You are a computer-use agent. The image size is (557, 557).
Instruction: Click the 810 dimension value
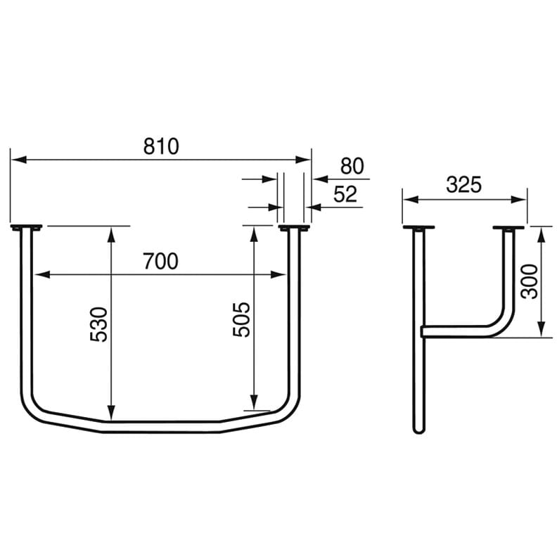162,146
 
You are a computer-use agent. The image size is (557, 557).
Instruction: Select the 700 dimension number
160,262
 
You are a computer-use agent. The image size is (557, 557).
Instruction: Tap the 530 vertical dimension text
101,324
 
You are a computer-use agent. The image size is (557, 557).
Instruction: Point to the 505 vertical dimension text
242,319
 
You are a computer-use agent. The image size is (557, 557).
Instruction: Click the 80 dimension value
352,167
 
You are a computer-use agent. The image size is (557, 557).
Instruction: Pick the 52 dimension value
345,195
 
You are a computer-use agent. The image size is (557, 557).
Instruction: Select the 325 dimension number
463,185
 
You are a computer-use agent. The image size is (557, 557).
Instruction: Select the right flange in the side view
508,228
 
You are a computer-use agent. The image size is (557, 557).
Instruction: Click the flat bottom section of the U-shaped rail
162,427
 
